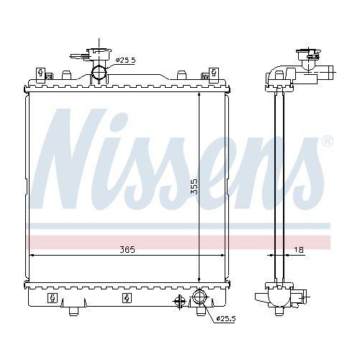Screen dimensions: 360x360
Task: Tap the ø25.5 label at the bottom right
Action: pyautogui.click(x=226, y=319)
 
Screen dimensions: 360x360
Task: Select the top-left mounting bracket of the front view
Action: pyautogui.click(x=42, y=73)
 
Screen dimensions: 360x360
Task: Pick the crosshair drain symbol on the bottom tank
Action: pyautogui.click(x=176, y=300)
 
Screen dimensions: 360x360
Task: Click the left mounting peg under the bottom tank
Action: pyautogui.click(x=73, y=312)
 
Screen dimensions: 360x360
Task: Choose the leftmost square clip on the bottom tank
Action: pyautogui.click(x=52, y=298)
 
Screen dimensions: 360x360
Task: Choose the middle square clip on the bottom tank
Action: pyautogui.click(x=126, y=298)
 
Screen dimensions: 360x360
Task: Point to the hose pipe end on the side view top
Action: pyautogui.click(x=328, y=72)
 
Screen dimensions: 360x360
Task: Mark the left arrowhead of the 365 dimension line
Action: pyautogui.click(x=30, y=255)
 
